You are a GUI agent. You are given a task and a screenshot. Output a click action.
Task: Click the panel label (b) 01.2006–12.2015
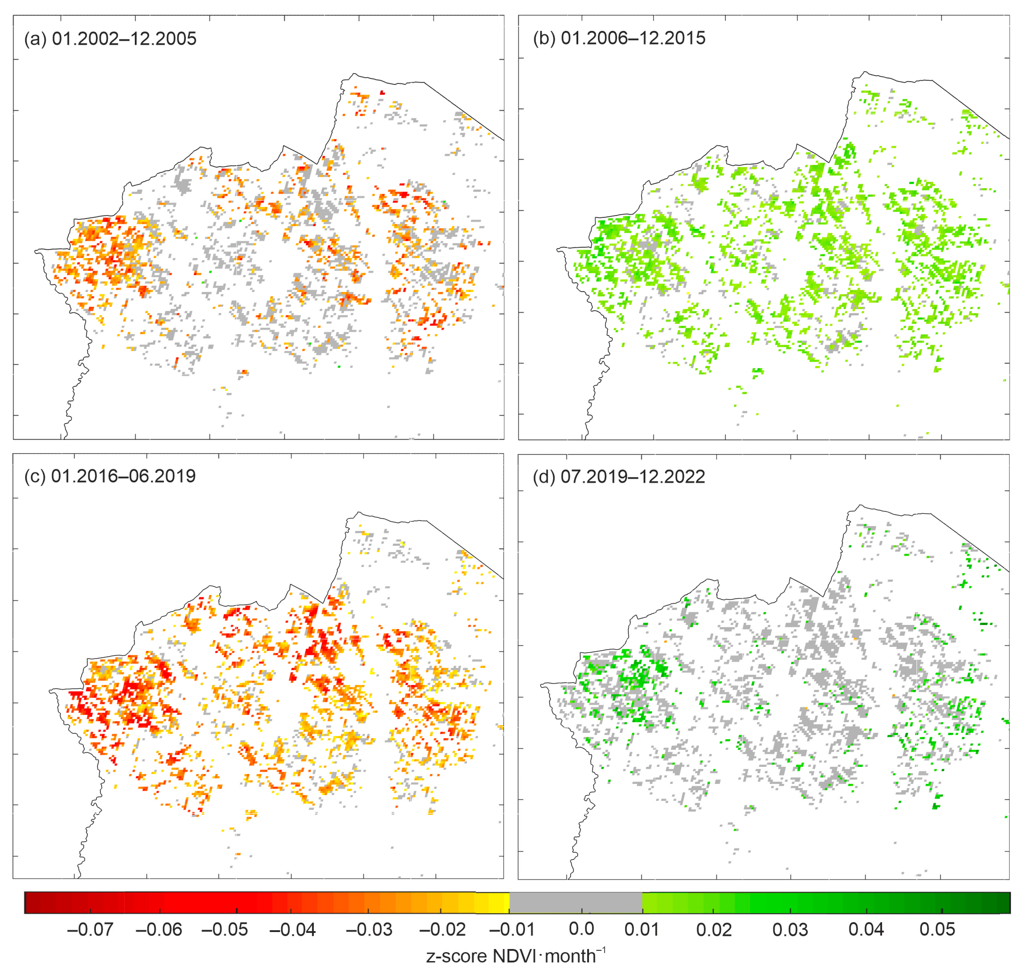point(619,38)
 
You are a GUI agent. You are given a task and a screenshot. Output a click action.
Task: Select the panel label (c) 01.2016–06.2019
point(110,476)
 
